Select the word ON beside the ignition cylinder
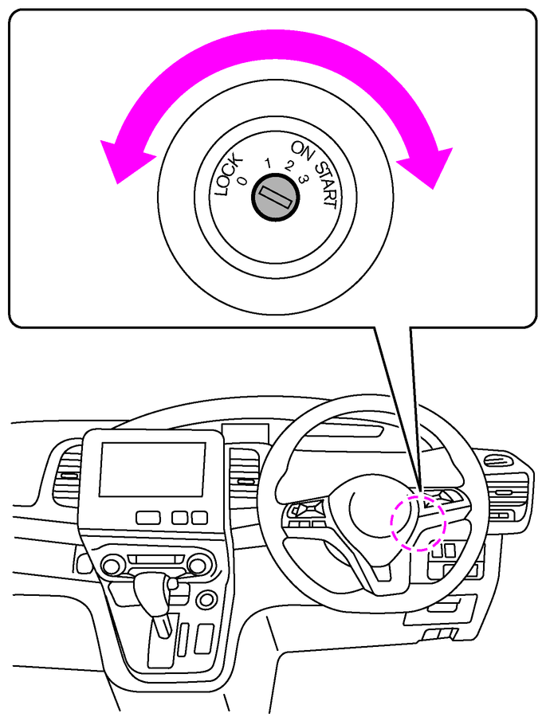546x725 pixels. [x=301, y=150]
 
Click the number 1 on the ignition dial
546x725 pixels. [x=268, y=165]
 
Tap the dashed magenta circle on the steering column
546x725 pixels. [x=418, y=521]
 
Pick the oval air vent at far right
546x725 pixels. [x=496, y=460]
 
